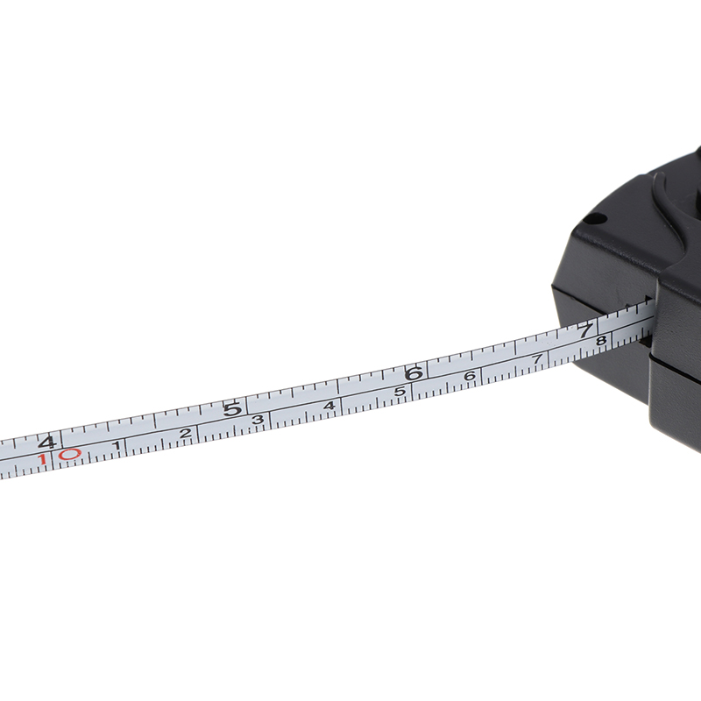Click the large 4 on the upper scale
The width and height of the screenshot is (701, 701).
point(47,443)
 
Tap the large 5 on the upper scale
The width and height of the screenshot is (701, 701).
point(232,409)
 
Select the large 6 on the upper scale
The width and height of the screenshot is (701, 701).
point(414,374)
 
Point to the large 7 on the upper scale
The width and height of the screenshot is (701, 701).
point(585,331)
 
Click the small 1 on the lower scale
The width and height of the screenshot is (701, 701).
point(117,445)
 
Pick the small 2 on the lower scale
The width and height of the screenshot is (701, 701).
point(185,433)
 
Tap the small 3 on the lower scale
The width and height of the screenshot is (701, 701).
point(258,420)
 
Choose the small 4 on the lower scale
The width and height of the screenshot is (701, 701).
point(329,406)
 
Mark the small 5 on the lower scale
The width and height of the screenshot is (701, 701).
point(400,392)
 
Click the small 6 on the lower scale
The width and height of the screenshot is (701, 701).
point(469,377)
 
